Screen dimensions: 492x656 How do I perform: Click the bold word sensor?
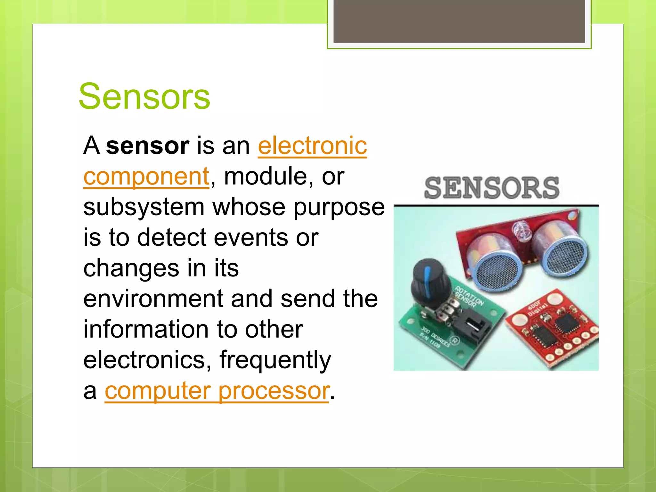point(147,146)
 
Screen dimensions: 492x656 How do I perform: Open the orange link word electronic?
point(312,146)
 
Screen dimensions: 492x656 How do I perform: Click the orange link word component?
point(146,177)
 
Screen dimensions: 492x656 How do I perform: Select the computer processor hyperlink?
point(217,391)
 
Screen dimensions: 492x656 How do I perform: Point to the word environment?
point(153,299)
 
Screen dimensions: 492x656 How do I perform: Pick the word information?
point(146,330)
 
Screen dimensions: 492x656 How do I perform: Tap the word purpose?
point(339,207)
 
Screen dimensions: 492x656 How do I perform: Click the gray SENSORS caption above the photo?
point(492,188)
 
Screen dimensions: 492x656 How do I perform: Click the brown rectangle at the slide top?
point(459,21)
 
